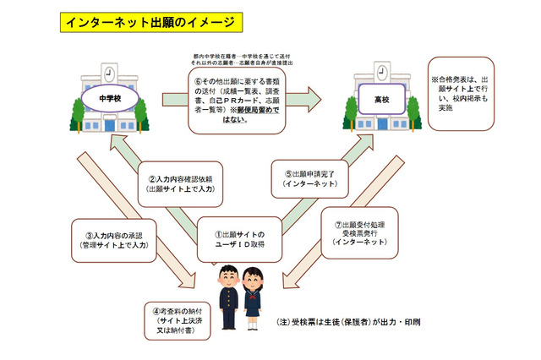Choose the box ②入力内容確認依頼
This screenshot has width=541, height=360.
(x=182, y=183)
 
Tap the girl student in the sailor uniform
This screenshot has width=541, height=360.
(x=255, y=299)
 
